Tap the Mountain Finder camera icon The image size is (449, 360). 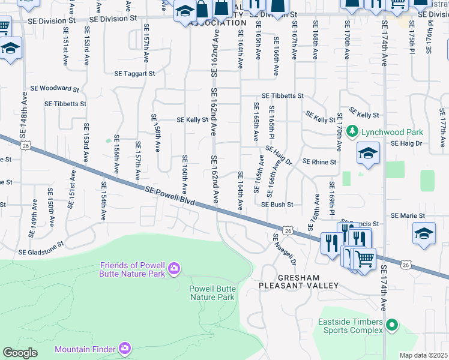(124, 348)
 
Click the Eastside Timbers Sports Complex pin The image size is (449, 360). (392, 326)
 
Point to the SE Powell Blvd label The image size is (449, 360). (170, 197)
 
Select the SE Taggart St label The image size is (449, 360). (134, 74)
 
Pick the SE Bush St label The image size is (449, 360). (277, 205)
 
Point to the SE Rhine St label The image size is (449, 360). (319, 162)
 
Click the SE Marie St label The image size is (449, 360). (408, 215)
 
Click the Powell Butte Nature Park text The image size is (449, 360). (212, 292)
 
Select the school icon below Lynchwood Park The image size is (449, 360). (368, 153)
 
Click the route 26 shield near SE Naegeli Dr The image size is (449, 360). (288, 230)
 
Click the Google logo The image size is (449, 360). (20, 353)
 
